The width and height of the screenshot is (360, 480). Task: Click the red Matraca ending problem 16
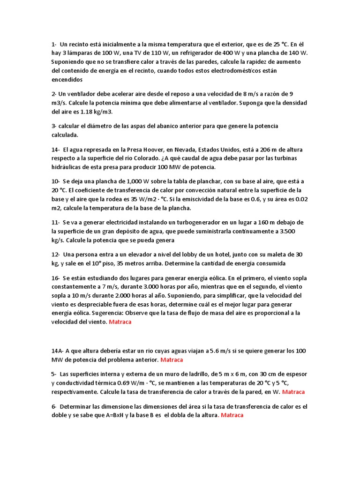click(x=120, y=322)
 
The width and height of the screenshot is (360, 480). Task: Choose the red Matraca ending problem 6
click(x=232, y=415)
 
